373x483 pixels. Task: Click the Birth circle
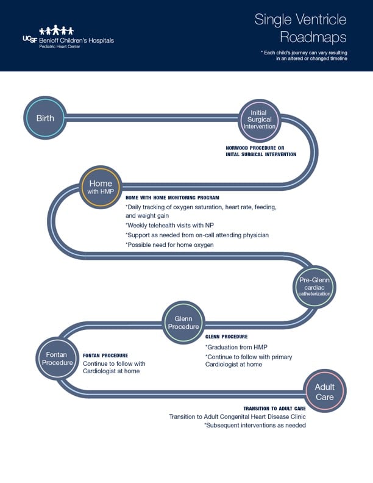pos(44,118)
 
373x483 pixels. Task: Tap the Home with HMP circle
pos(101,187)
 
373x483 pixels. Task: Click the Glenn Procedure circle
pos(183,322)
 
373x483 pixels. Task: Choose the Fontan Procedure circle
pos(57,358)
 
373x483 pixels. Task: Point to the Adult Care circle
pos(324,392)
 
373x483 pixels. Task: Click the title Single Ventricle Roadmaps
pos(300,27)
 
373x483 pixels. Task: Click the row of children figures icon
pos(57,30)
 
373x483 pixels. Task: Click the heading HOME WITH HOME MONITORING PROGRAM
pos(172,198)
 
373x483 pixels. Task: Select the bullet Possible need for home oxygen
pos(169,245)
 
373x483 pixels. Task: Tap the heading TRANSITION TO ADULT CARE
pos(274,409)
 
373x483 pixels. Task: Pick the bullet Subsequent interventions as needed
pos(255,425)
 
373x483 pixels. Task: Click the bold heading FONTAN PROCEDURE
pos(105,356)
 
